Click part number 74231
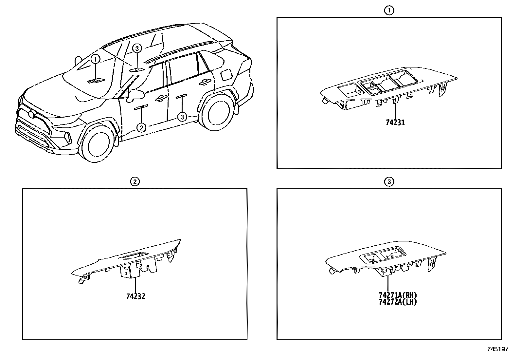395,123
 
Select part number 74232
135,296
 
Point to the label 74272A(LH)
398,302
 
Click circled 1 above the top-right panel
389,11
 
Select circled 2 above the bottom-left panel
135,181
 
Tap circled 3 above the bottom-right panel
389,181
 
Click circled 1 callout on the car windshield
95,60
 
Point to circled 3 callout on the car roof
137,49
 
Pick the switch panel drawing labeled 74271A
386,259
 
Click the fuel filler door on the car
226,75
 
